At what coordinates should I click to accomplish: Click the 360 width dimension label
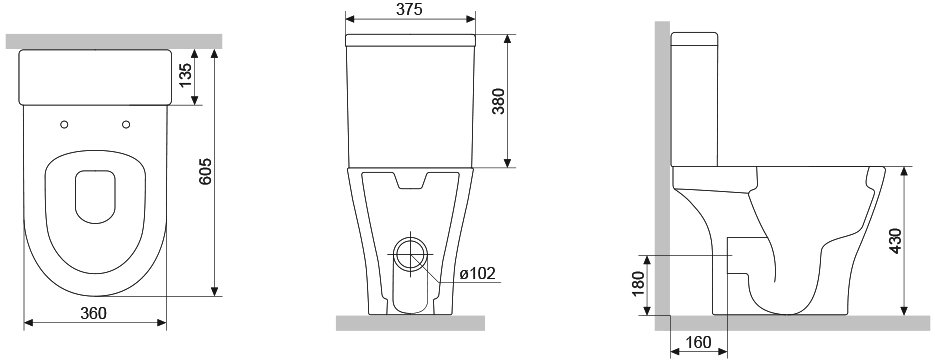tap(94, 312)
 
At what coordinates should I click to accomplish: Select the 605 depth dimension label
tap(206, 172)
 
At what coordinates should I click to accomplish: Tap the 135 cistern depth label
tap(186, 76)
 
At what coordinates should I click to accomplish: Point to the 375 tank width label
tap(409, 9)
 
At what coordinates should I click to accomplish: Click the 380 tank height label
tap(499, 101)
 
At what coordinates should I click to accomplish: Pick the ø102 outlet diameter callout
tap(478, 273)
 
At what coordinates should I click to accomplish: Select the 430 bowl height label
tap(896, 241)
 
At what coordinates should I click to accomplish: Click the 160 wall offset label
tap(698, 342)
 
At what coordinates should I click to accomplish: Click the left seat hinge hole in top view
tap(64, 124)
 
